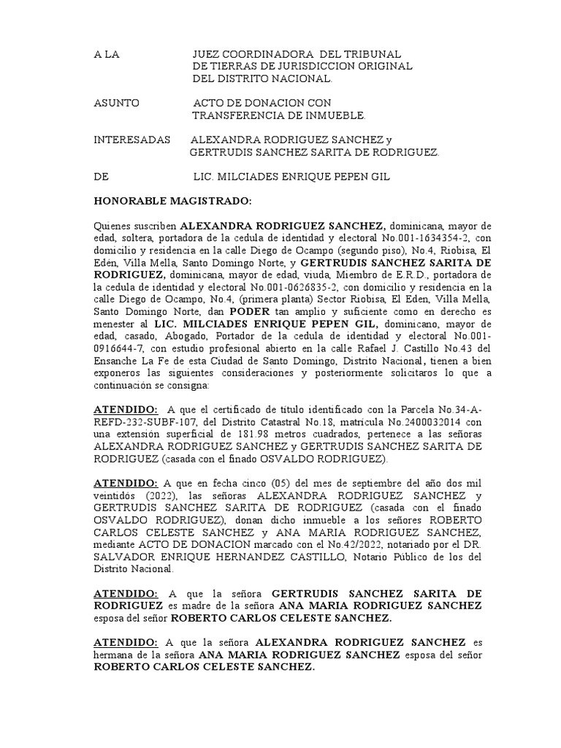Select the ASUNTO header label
click(117, 103)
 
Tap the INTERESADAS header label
click(132, 140)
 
